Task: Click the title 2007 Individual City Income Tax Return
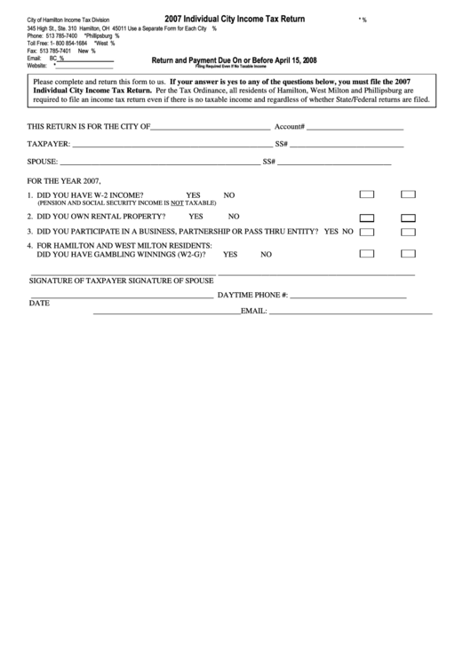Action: pyautogui.click(x=235, y=18)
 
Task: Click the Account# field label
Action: pyautogui.click(x=290, y=126)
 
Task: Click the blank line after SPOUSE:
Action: pyautogui.click(x=159, y=162)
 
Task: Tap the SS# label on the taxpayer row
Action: pyautogui.click(x=282, y=144)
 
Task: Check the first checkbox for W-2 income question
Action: pyautogui.click(x=366, y=194)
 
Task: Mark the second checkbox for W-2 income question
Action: pyautogui.click(x=409, y=194)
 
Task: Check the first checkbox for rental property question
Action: pyautogui.click(x=366, y=217)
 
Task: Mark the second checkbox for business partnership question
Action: pyautogui.click(x=409, y=232)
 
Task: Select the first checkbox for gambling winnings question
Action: pyautogui.click(x=366, y=253)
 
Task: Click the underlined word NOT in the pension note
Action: pyautogui.click(x=177, y=202)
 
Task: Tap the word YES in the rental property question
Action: pyautogui.click(x=196, y=216)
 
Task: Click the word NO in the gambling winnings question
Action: pyautogui.click(x=266, y=254)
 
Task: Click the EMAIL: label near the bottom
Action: pyautogui.click(x=254, y=312)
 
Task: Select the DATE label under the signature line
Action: pyautogui.click(x=39, y=303)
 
